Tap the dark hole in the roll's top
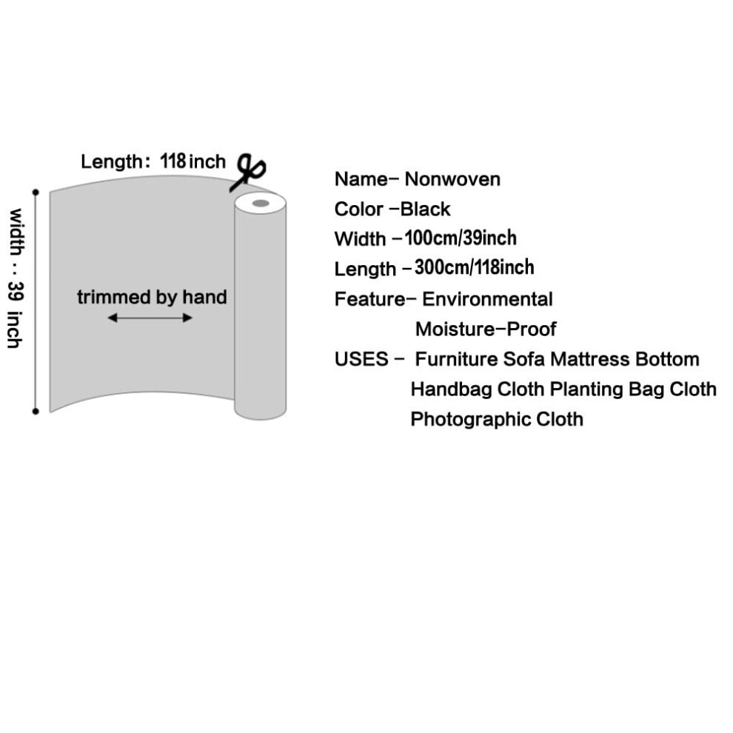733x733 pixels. (261, 204)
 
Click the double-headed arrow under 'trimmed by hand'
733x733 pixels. (150, 318)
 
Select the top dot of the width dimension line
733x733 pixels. (36, 192)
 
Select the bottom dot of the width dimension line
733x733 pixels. (36, 412)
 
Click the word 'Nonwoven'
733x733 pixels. (452, 179)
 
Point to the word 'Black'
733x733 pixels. (426, 209)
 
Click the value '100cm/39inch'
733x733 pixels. (461, 238)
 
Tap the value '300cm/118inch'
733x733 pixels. (474, 267)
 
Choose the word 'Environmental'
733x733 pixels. (487, 299)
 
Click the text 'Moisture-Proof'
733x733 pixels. (486, 329)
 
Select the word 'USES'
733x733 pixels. (361, 359)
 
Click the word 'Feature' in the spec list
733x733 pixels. (370, 299)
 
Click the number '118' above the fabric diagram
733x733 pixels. (173, 161)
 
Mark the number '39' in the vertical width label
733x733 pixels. (16, 291)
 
